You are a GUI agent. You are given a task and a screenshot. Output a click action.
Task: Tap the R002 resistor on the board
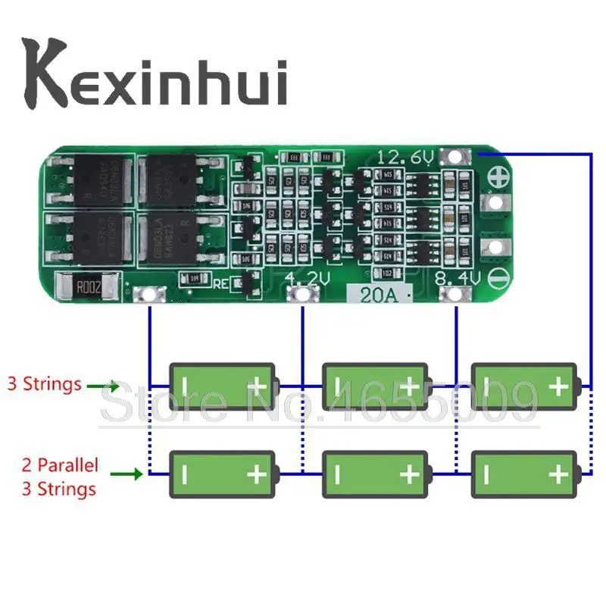(x=94, y=286)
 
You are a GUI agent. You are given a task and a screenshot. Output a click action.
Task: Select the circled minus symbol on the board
(x=498, y=278)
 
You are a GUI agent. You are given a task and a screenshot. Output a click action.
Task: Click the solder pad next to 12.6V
(x=456, y=157)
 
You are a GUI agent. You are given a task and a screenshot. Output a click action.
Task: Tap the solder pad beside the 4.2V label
(x=301, y=295)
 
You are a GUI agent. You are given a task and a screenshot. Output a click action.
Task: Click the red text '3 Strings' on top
(x=44, y=383)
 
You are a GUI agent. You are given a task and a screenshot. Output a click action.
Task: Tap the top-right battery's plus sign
(x=558, y=386)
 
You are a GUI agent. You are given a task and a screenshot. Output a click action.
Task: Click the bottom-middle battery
(x=377, y=474)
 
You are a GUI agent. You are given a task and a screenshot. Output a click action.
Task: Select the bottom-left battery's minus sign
(x=184, y=474)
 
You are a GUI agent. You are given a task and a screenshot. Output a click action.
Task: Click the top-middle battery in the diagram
(x=377, y=386)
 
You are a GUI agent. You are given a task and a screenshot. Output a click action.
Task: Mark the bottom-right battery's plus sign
(x=558, y=474)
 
